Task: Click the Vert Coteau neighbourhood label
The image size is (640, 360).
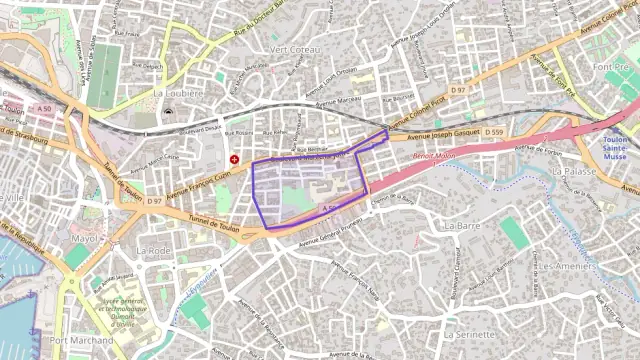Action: (295, 49)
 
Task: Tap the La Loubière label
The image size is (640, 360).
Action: (178, 93)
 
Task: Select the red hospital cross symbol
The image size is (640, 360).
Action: (235, 158)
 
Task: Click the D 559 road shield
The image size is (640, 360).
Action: (494, 132)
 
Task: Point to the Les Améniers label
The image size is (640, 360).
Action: (567, 267)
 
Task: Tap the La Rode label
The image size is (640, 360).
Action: (154, 250)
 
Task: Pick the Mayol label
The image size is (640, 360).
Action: (88, 239)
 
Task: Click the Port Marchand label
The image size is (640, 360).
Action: (81, 341)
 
